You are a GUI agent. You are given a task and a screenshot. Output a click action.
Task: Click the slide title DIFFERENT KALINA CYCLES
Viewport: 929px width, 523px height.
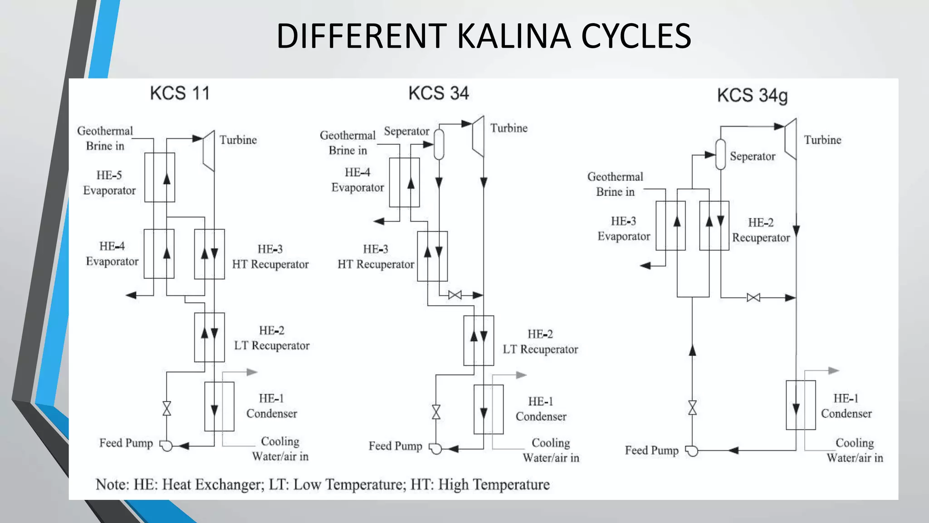(484, 36)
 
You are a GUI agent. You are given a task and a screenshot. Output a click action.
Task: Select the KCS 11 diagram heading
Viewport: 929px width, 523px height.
(180, 94)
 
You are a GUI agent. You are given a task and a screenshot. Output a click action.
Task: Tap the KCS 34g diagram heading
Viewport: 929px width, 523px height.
(752, 96)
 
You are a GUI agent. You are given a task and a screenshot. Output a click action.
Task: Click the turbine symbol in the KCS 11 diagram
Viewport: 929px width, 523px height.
(208, 151)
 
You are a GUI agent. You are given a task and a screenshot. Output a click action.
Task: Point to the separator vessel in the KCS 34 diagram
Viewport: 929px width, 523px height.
(439, 144)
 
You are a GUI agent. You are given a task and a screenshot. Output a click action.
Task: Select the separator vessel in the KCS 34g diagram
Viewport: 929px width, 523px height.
(720, 154)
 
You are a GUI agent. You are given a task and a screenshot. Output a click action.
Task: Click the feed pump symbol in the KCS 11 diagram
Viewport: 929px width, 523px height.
(166, 446)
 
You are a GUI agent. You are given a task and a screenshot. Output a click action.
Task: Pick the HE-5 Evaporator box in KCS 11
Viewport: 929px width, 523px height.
(160, 178)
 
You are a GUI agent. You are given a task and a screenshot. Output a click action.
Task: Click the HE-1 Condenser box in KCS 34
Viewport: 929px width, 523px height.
(489, 410)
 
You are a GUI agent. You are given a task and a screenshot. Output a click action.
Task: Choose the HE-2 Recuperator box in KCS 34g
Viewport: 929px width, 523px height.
(714, 226)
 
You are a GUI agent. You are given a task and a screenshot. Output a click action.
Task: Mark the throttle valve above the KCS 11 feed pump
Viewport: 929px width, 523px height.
(166, 409)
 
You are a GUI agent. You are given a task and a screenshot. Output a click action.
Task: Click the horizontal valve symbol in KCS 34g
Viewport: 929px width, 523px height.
(753, 298)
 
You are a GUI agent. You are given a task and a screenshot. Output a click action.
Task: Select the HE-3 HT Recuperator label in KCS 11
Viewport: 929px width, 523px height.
(270, 257)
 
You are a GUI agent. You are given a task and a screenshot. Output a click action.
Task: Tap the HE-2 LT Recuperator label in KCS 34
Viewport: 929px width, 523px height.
(540, 342)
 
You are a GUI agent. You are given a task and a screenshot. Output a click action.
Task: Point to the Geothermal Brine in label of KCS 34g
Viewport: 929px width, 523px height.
(615, 184)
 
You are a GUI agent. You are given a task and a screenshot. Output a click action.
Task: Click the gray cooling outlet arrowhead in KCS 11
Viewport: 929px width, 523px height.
(252, 372)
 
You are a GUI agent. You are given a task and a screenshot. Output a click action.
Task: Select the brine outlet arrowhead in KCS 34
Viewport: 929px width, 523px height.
(379, 222)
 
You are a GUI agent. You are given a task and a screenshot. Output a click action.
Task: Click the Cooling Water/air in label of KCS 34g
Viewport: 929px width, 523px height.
(855, 450)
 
